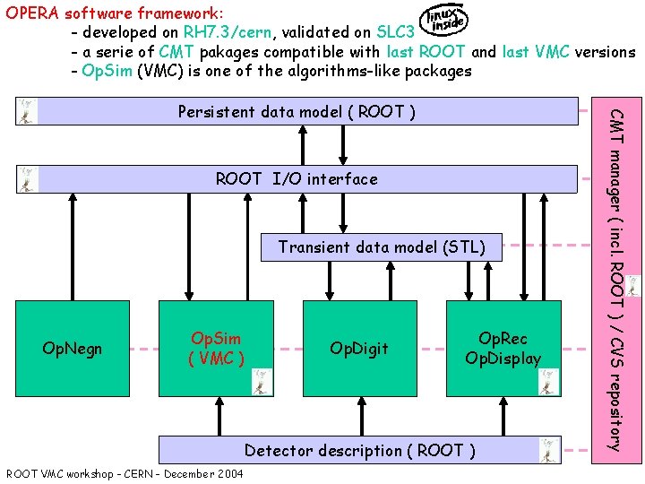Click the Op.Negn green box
point(73,348)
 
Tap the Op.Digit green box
point(358,348)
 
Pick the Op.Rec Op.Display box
point(503,348)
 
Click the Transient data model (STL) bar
point(382,247)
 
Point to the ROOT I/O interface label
point(297,179)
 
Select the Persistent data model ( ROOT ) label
point(296,112)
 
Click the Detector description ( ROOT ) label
point(360,450)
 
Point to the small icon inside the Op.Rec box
point(547,381)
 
